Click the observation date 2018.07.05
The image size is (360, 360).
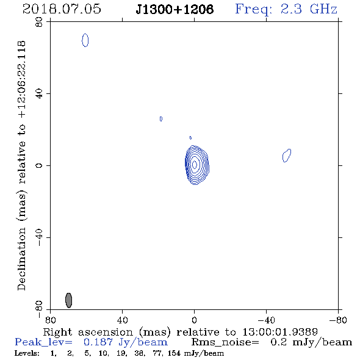click(62, 9)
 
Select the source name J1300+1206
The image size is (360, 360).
click(175, 9)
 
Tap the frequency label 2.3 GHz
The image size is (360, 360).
click(309, 9)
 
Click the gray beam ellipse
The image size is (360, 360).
click(69, 300)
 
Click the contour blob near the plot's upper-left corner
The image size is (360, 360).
click(85, 40)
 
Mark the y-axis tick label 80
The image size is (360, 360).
click(39, 22)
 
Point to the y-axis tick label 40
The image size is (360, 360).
click(39, 94)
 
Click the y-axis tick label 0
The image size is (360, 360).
click(39, 165)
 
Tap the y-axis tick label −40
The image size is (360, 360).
click(39, 237)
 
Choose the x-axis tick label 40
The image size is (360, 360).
click(122, 320)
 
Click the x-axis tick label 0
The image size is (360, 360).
click(194, 320)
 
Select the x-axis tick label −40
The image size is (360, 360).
click(266, 320)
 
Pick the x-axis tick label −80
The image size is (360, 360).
click(338, 320)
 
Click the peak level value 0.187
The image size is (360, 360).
click(98, 342)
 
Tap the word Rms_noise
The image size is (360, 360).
click(225, 342)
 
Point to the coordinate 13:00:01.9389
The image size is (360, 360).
click(280, 332)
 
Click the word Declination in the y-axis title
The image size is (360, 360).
click(21, 259)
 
